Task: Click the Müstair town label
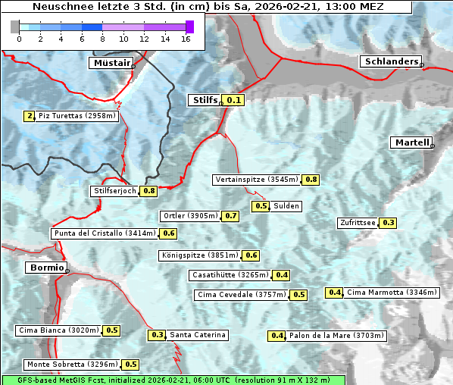(x=111, y=63)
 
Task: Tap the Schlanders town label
(x=390, y=62)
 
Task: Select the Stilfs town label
(x=204, y=100)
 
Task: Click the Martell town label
(x=411, y=142)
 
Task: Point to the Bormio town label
(x=45, y=268)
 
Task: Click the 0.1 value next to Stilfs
(x=234, y=100)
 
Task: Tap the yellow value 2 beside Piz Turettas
(x=29, y=116)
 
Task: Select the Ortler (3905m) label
(x=191, y=216)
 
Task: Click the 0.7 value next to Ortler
(x=231, y=216)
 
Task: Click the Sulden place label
(x=286, y=206)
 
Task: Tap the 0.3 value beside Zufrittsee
(x=388, y=223)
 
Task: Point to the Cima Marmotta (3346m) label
(x=380, y=293)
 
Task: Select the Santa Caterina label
(x=197, y=335)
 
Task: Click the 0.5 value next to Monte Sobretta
(x=131, y=365)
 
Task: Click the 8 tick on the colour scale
(x=102, y=39)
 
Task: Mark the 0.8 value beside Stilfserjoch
(x=148, y=191)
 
